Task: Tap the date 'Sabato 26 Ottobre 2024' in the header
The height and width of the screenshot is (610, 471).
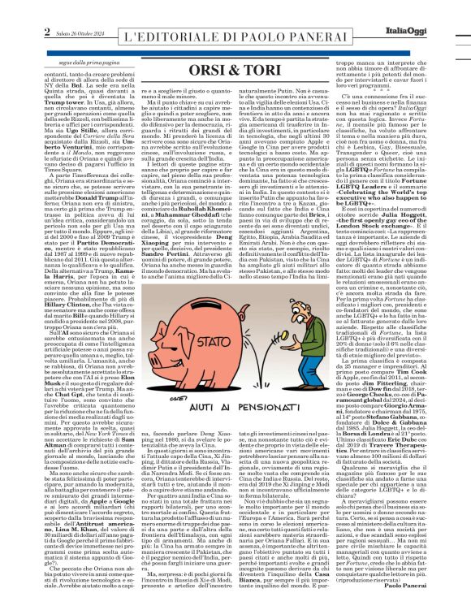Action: coord(50,10)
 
